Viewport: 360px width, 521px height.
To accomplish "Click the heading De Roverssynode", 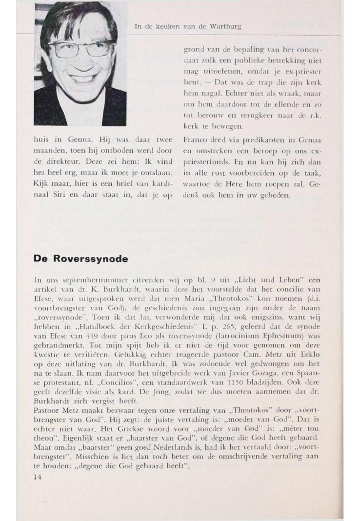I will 80,259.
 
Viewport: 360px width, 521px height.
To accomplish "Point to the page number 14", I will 38,477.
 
